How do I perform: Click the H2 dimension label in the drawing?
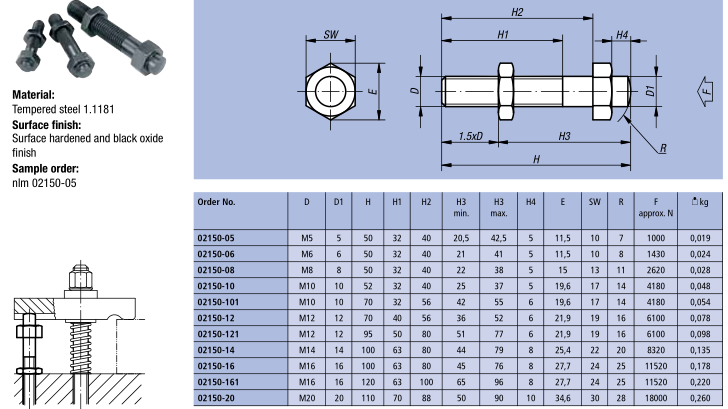(x=517, y=12)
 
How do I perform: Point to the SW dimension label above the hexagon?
(x=331, y=34)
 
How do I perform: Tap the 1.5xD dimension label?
(x=470, y=136)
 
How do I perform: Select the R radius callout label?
(x=663, y=148)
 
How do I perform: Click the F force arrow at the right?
(x=706, y=91)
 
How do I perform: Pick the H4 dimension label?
(x=622, y=35)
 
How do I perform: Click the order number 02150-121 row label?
(x=218, y=334)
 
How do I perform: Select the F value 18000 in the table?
(x=656, y=398)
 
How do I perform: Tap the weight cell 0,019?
(x=700, y=238)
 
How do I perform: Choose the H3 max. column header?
(x=498, y=208)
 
